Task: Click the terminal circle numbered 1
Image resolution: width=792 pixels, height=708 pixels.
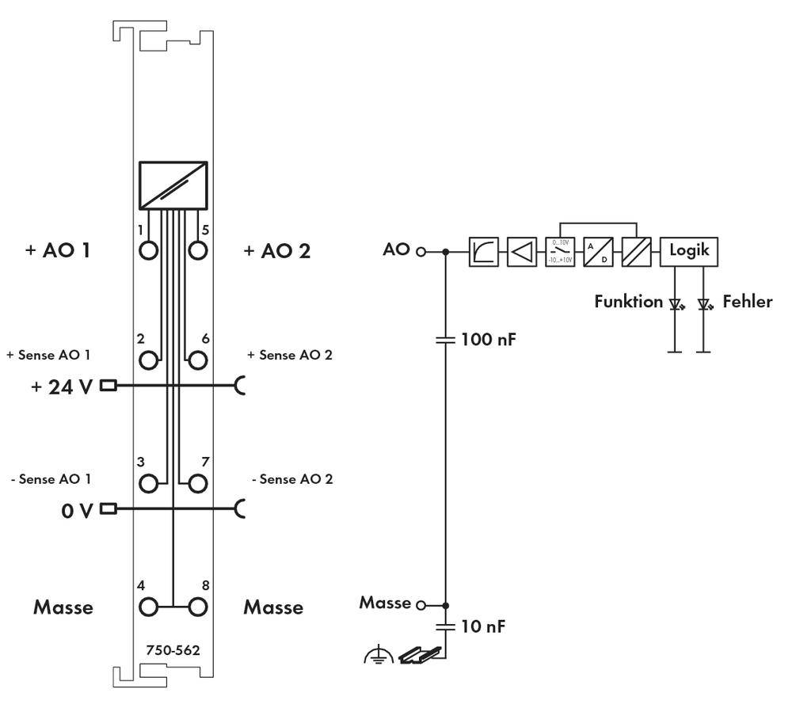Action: coord(148,250)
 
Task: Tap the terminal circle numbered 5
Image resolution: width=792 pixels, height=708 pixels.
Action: coord(197,250)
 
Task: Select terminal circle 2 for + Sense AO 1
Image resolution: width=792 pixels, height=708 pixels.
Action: coord(148,360)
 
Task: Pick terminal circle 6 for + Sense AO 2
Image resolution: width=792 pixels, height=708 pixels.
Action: coord(197,360)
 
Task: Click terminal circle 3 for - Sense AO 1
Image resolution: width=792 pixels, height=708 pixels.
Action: coord(148,482)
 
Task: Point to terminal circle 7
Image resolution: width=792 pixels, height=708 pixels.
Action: coord(197,482)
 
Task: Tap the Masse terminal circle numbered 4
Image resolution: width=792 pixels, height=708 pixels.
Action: coord(148,607)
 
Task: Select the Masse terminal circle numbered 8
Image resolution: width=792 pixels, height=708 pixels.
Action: coord(197,607)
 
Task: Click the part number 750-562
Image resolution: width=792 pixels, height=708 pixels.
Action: coord(173,650)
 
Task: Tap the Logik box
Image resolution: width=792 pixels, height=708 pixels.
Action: coord(689,251)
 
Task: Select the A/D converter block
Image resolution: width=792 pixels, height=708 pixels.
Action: coord(597,252)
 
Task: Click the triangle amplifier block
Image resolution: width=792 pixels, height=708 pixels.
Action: coord(521,252)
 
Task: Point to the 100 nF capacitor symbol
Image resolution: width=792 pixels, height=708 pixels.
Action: coord(446,341)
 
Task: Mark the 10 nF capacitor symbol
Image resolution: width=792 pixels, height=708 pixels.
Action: coord(446,626)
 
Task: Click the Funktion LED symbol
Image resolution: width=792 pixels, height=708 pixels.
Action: coord(676,303)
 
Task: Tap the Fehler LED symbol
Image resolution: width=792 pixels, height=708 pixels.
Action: coord(703,303)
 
